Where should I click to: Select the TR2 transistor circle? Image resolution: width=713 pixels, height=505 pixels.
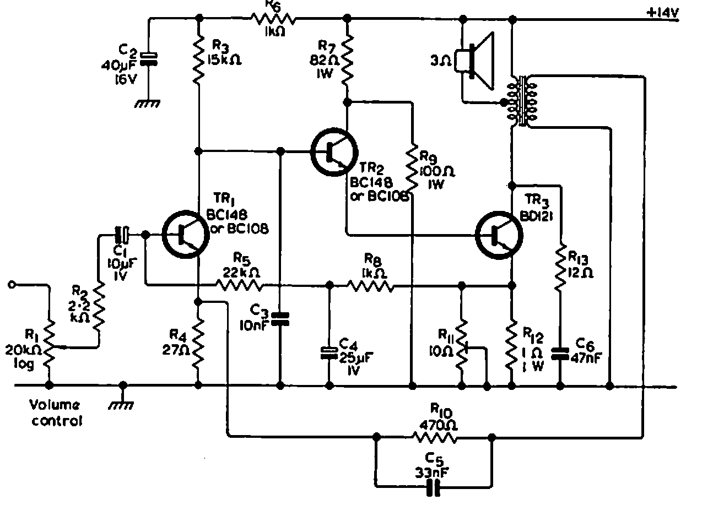334,153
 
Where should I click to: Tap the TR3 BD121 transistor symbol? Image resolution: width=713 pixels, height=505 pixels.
499,235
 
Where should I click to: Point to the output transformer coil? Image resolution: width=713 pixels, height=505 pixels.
521,101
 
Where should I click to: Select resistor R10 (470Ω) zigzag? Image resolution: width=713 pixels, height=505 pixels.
435,438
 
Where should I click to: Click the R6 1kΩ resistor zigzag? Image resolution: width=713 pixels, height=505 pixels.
274,20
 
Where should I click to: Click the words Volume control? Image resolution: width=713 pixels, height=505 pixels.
55,413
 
